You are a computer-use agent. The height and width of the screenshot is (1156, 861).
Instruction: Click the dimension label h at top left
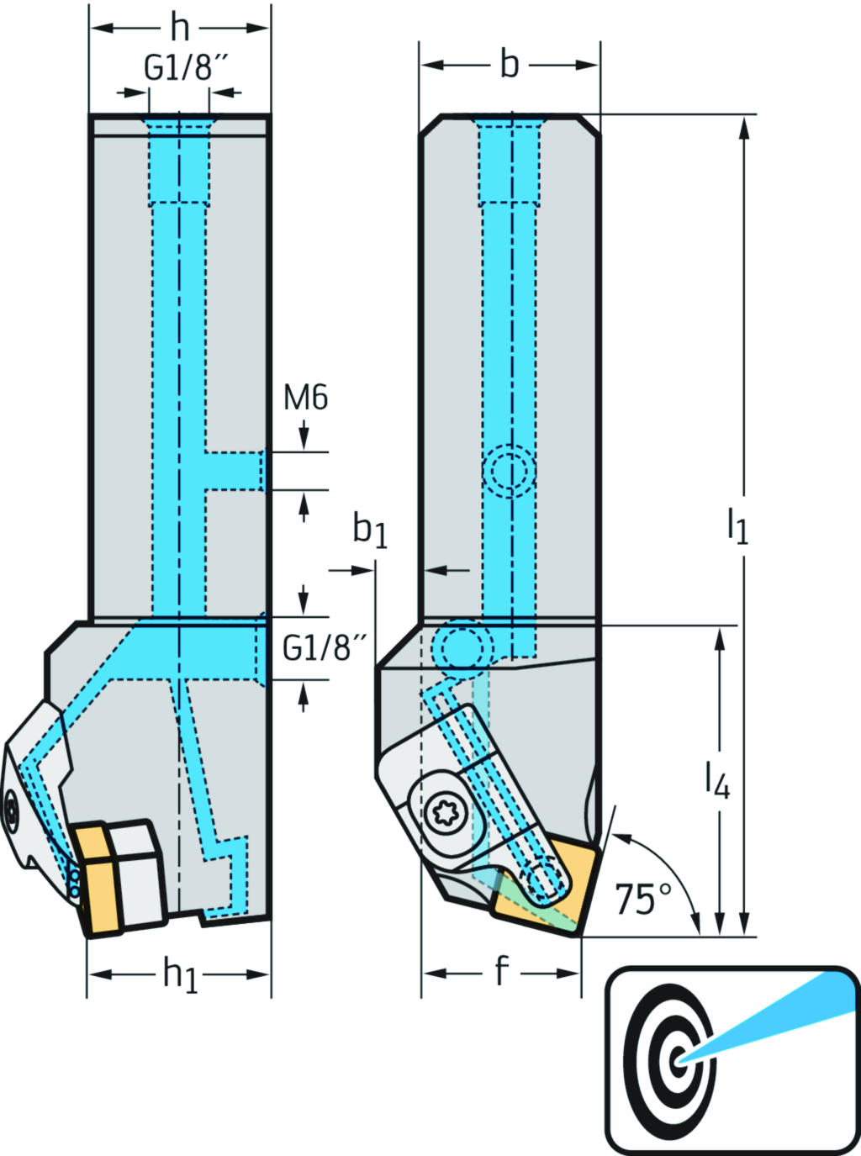pos(179,28)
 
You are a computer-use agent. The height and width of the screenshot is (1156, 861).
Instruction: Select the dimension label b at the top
pos(510,65)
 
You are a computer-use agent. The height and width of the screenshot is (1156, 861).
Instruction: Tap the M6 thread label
pos(305,398)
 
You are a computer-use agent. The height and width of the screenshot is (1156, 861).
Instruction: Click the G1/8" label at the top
pos(186,68)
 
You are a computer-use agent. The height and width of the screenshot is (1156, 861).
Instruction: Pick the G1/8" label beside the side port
pos(325,648)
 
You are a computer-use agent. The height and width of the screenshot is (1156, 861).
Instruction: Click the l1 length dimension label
pos(737,525)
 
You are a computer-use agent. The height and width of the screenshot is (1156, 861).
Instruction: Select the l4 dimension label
pos(717,779)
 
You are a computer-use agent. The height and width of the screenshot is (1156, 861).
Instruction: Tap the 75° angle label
pos(643,900)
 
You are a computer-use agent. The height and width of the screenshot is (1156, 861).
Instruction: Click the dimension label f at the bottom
pos(502,971)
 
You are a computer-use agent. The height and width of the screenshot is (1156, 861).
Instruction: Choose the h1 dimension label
pos(180,974)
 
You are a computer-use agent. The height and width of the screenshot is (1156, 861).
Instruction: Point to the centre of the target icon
pos(678,1059)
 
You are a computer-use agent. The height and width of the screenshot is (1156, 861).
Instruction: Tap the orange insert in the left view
pos(97,879)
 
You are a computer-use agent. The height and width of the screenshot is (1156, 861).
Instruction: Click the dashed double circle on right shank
pos(510,470)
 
